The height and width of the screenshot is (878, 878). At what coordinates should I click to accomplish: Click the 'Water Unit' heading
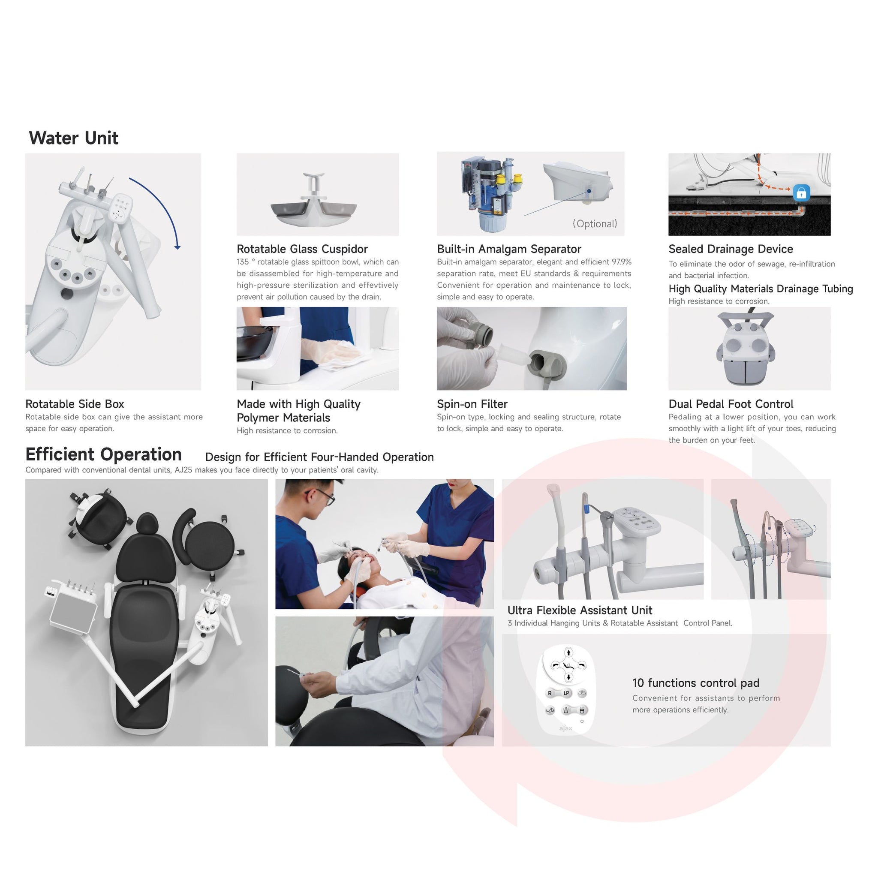tap(74, 138)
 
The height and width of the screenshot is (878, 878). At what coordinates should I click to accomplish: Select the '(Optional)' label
tap(595, 224)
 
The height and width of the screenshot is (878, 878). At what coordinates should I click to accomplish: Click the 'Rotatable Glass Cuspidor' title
tap(302, 249)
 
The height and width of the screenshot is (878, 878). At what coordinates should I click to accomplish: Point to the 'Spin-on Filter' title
tap(472, 404)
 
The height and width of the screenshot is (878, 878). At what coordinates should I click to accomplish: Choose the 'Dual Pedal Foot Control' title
tap(731, 404)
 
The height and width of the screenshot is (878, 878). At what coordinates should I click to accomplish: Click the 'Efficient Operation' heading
tap(104, 454)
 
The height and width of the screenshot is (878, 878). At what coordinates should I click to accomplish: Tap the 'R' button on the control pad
tap(550, 693)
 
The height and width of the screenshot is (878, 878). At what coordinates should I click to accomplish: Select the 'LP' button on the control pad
tap(566, 693)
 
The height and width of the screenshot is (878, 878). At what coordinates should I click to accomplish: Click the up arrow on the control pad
tap(568, 653)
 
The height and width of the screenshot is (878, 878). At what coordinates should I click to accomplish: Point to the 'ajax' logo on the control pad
tap(566, 728)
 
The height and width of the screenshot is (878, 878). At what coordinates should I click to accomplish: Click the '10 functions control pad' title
tap(696, 683)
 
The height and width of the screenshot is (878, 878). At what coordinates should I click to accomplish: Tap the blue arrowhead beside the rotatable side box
tap(177, 247)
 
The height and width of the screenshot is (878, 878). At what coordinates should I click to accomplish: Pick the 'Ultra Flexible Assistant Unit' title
tap(580, 610)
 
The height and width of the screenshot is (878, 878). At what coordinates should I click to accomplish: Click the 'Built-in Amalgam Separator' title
tap(509, 249)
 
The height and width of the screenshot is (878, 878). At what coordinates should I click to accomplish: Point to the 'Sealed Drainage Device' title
tap(731, 249)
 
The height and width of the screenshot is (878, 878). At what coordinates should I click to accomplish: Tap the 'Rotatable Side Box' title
tap(75, 404)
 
